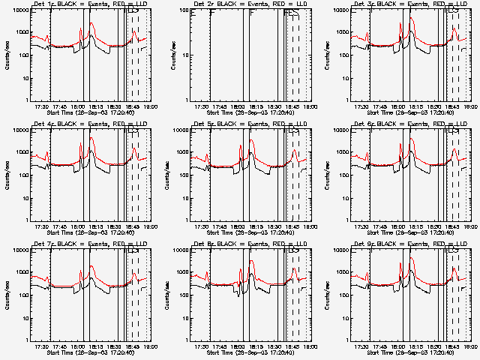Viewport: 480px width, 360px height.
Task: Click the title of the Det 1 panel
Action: click(x=94, y=5)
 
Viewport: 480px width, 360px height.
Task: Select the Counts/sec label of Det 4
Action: click(x=7, y=175)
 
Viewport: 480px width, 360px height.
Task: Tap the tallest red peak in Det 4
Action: click(x=91, y=139)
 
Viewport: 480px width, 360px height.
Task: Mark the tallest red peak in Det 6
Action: click(x=412, y=139)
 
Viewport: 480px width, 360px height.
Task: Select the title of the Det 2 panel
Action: click(x=253, y=5)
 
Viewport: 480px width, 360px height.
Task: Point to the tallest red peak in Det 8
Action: click(x=251, y=259)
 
